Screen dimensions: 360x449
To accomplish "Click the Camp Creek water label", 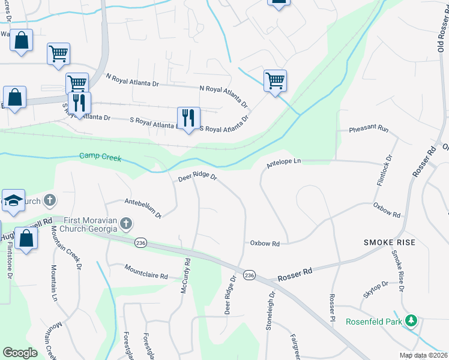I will click(x=100, y=158).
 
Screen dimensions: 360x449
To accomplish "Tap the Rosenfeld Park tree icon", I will click(x=411, y=321).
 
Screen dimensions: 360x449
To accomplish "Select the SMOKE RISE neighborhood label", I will click(x=390, y=242).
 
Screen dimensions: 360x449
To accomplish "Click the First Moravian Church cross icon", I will click(x=125, y=224).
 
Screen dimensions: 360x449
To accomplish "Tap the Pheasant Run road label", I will click(x=369, y=130).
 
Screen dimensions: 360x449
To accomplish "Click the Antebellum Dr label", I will click(x=143, y=207).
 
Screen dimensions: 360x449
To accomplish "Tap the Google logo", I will click(x=20, y=352).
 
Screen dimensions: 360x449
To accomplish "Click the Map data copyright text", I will click(x=423, y=355).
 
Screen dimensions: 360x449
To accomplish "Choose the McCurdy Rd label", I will click(x=185, y=275).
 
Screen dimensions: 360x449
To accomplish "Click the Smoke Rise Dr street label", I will click(x=398, y=270).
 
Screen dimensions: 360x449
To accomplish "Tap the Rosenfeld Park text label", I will click(x=375, y=321).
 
